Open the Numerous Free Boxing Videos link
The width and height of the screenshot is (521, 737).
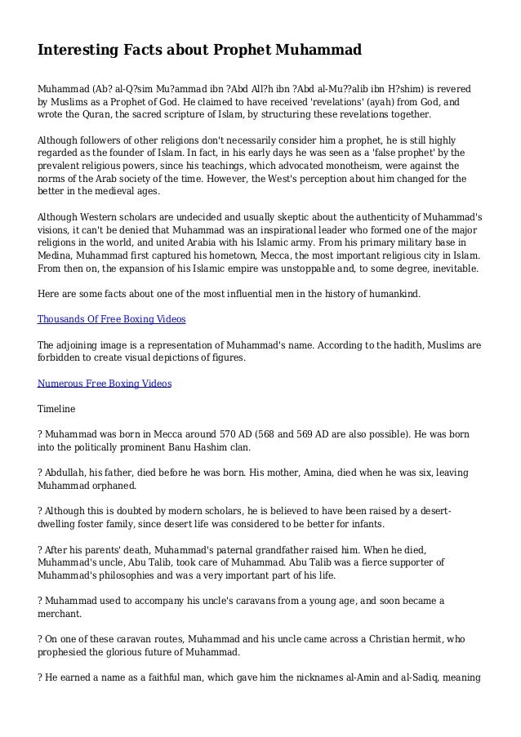[x=105, y=382]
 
